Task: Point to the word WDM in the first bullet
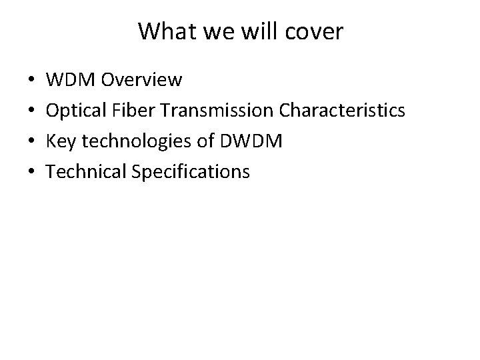[69, 81]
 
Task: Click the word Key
[61, 142]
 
